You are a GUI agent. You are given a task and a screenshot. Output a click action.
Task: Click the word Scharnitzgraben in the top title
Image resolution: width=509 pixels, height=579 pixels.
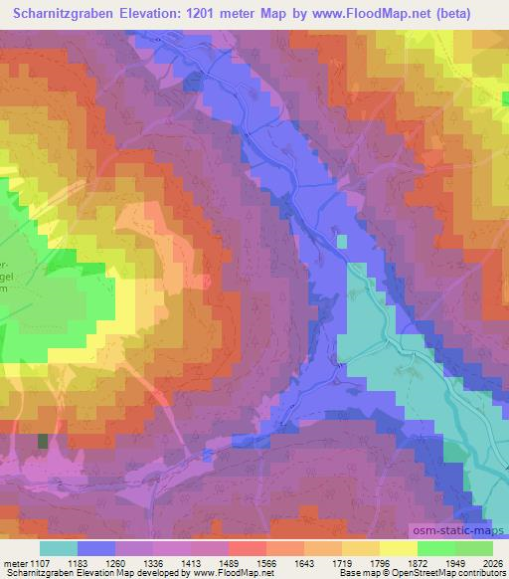[69, 13]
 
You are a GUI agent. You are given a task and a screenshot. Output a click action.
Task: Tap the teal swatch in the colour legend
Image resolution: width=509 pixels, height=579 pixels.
[59, 548]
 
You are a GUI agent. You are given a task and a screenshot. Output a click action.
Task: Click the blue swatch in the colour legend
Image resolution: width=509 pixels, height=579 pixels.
[96, 548]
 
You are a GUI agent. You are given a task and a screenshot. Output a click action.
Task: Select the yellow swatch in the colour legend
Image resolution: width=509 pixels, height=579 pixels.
[399, 548]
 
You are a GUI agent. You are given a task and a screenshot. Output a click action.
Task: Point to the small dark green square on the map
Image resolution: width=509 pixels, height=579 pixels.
[43, 440]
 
